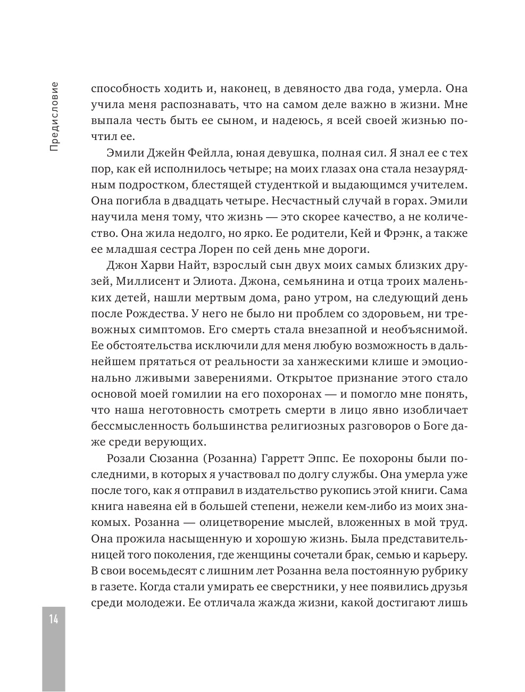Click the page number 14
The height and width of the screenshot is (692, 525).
(x=54, y=619)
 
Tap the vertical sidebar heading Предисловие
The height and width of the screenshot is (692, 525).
(x=54, y=117)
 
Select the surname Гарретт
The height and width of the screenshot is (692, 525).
(x=297, y=459)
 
